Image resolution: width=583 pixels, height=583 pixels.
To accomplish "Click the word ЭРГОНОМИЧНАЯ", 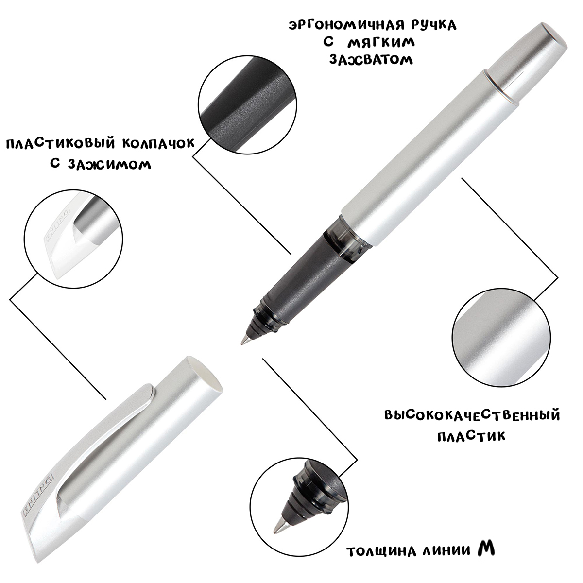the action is [x=347, y=25].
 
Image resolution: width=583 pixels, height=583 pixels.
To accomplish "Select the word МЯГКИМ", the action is [x=381, y=43].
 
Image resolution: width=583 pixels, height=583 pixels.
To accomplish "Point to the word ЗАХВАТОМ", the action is [x=371, y=60].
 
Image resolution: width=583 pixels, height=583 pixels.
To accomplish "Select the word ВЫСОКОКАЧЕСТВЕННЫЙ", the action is [x=472, y=415].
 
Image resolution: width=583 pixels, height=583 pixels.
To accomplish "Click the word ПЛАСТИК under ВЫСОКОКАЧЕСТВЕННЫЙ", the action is [x=471, y=436].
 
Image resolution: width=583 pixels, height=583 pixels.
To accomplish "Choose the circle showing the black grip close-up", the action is [x=247, y=104].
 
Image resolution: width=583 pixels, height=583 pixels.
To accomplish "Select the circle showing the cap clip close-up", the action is [x=73, y=239].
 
